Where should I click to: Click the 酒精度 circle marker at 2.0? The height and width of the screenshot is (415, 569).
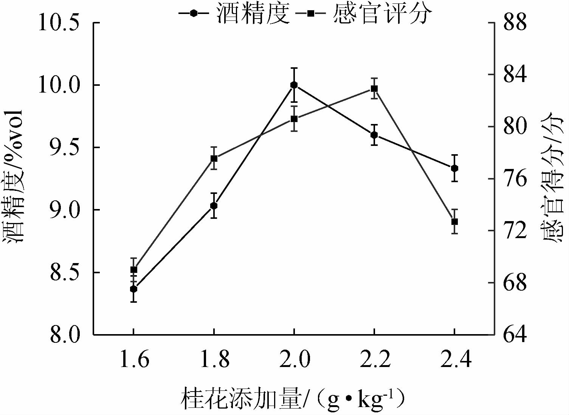(x=294, y=85)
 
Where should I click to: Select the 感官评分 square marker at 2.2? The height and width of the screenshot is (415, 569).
(x=374, y=89)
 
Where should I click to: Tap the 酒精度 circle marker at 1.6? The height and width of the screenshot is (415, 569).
(x=133, y=289)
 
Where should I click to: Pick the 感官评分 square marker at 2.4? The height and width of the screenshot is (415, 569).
(x=454, y=221)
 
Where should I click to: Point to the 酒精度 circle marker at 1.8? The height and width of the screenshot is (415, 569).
(x=214, y=206)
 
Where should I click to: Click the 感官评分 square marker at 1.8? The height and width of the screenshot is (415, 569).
(x=214, y=158)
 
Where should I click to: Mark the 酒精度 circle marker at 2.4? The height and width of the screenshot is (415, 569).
(x=454, y=168)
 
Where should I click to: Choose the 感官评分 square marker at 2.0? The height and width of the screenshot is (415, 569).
(x=294, y=119)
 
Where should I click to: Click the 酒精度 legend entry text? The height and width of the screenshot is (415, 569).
(x=253, y=14)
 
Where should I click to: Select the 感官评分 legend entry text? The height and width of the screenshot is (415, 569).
(x=382, y=14)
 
